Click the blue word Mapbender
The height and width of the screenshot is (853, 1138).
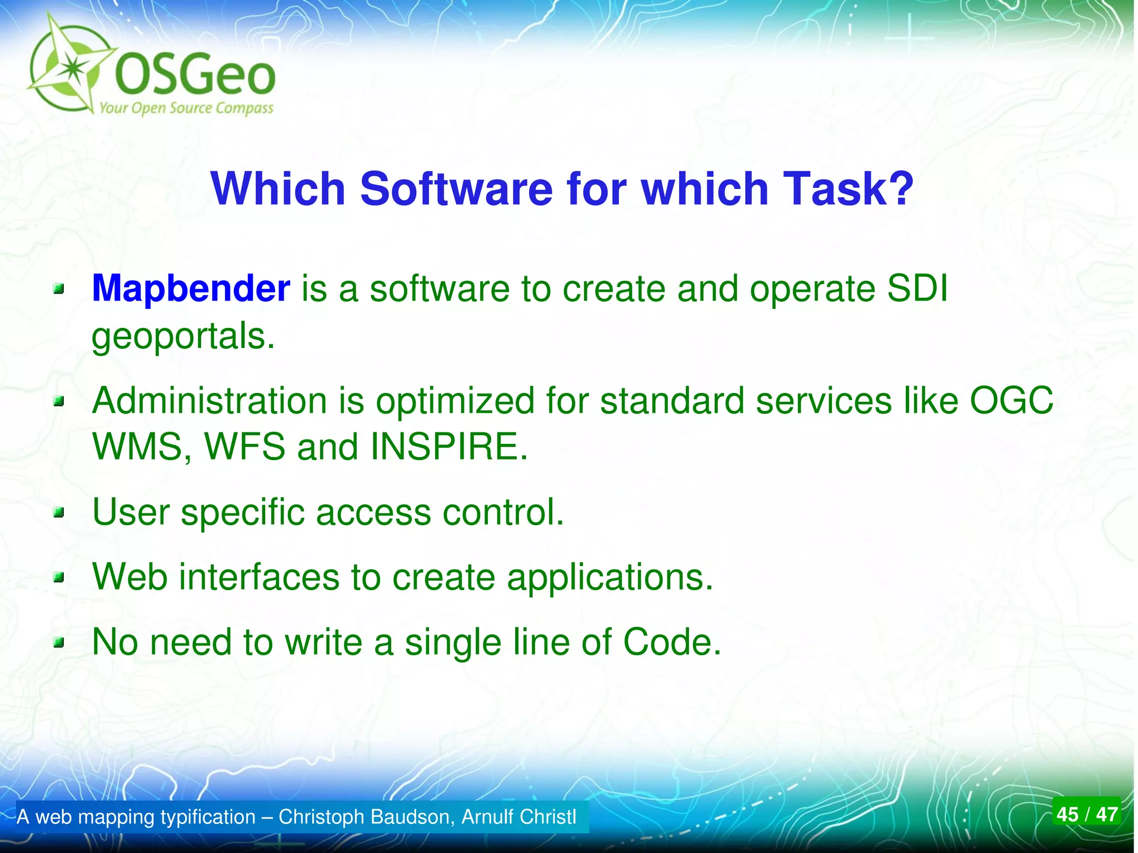coord(191,289)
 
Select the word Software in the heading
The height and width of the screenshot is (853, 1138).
coord(456,189)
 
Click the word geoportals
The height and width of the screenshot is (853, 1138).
coord(183,337)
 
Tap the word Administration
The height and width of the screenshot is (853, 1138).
coord(209,401)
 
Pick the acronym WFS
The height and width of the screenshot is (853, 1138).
coord(244,447)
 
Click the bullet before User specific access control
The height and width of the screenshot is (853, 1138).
coord(59,512)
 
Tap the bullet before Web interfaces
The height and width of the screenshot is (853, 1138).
coord(59,578)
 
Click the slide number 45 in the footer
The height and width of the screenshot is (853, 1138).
coord(1067,815)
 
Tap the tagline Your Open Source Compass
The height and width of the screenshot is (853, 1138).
coord(186,108)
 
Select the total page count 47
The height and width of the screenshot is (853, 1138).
coord(1106,815)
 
